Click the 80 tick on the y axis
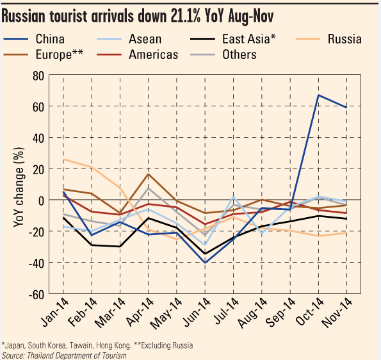coord(38,76)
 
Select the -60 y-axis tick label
coord(36,295)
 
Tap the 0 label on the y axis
coord(42,201)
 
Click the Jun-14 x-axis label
coord(197,313)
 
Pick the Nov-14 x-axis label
coord(337,313)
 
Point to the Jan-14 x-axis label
coord(55,313)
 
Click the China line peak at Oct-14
coord(318,95)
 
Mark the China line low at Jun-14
coord(205,263)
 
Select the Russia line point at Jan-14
coord(63,160)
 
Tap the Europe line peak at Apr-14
coord(148,174)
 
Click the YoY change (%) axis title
coord(19,187)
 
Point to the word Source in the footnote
coord(13,355)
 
